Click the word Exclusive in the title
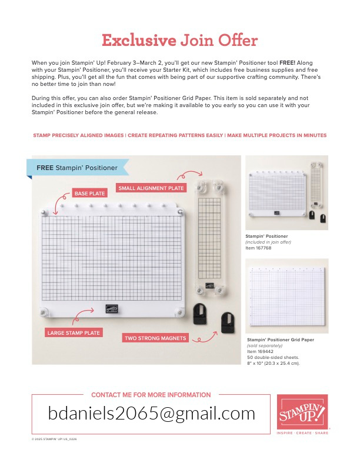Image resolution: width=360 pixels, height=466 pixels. [139, 41]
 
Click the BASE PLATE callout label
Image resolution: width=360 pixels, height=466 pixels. [89, 193]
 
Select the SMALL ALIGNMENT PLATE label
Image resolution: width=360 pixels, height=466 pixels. [151, 188]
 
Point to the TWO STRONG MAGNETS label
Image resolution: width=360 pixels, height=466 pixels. [155, 338]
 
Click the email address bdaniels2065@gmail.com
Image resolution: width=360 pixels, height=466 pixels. [151, 414]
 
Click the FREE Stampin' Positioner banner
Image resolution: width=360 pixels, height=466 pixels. [76, 168]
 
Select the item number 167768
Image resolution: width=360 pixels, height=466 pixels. [262, 248]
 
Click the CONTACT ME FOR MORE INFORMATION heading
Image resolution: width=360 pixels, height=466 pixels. [151, 395]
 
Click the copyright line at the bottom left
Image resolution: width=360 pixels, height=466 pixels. [54, 438]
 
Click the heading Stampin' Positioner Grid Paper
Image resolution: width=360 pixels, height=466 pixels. [281, 339]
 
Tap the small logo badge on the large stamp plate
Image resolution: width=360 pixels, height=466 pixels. [112, 308]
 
